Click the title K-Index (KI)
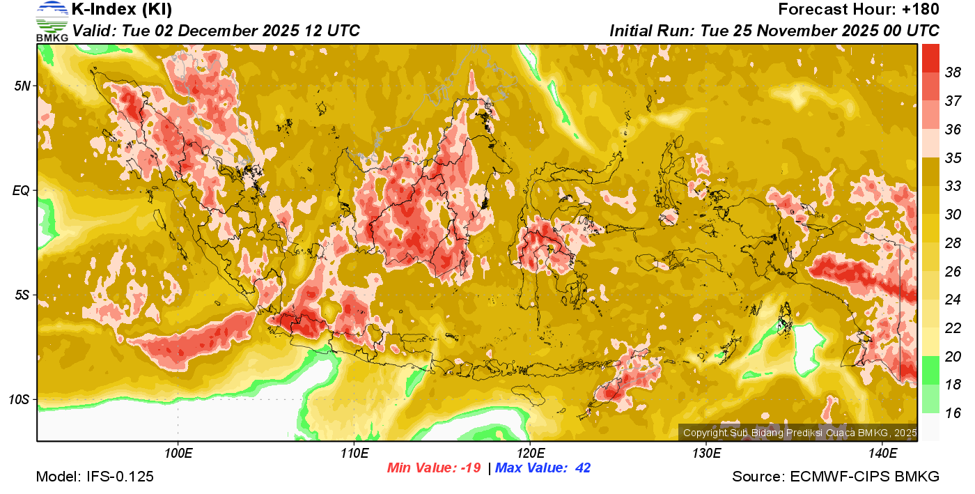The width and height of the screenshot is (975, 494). click(122, 10)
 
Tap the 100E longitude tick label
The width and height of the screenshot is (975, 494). click(178, 454)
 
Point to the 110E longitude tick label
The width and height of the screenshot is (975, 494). click(354, 454)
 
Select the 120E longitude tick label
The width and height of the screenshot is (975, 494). click(530, 454)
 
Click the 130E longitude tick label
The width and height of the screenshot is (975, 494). click(706, 454)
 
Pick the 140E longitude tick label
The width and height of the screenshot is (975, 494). click(882, 454)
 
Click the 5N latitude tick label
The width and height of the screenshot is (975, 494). click(22, 86)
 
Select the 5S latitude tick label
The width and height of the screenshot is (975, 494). click(22, 295)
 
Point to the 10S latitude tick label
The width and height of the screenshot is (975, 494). click(19, 400)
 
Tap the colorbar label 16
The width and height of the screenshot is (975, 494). click(953, 413)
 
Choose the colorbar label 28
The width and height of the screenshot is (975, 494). click(953, 243)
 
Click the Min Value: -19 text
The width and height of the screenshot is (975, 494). click(434, 468)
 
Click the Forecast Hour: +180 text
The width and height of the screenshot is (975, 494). click(859, 10)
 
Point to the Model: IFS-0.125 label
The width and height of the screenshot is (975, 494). click(95, 477)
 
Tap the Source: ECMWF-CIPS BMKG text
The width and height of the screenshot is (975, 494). click(836, 477)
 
